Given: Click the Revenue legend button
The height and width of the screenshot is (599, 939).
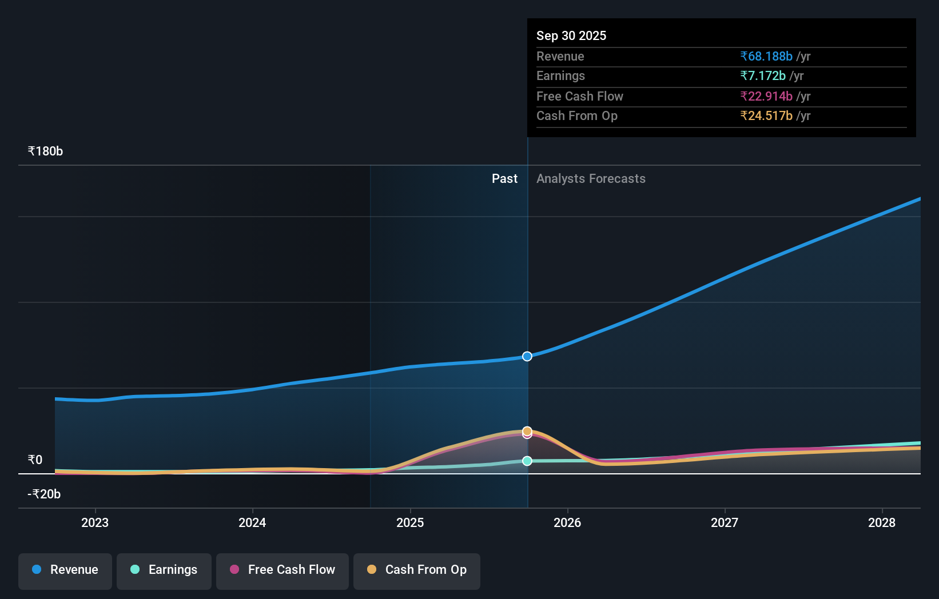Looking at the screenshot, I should [x=65, y=570].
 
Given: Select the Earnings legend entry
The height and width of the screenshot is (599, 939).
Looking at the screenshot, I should [x=164, y=570].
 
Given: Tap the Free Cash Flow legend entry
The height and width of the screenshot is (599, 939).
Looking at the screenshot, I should [x=283, y=570].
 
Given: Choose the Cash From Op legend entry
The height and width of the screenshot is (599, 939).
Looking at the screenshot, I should [x=417, y=570].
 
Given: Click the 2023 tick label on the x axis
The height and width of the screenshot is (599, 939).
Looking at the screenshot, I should [x=95, y=522].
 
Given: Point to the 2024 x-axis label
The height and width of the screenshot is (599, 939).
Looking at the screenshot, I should [x=252, y=522].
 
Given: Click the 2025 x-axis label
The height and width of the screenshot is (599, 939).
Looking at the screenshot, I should [x=410, y=522].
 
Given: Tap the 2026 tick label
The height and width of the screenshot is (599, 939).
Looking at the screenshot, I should [x=567, y=522].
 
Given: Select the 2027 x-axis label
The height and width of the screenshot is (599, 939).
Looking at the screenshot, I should [x=725, y=522].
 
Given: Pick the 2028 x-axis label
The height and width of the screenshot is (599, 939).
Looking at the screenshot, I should [x=882, y=522].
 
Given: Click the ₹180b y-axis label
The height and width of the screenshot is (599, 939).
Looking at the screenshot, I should [x=45, y=151].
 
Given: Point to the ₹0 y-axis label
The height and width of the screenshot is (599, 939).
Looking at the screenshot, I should [x=35, y=460].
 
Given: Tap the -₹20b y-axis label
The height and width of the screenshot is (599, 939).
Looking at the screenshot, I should [x=44, y=494].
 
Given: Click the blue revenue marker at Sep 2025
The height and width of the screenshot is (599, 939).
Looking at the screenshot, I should [x=527, y=356].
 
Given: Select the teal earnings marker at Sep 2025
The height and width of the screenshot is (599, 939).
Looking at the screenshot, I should [x=527, y=461].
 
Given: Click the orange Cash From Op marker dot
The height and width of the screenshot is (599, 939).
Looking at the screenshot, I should [x=527, y=430].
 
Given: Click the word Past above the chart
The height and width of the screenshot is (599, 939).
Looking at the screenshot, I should [x=504, y=179].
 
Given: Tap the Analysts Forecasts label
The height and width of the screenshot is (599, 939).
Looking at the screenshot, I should [x=591, y=179].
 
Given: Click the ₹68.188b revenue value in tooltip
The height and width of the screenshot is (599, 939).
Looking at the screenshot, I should [x=766, y=57].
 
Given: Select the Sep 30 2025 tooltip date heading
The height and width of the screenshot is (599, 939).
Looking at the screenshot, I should [x=571, y=35].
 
